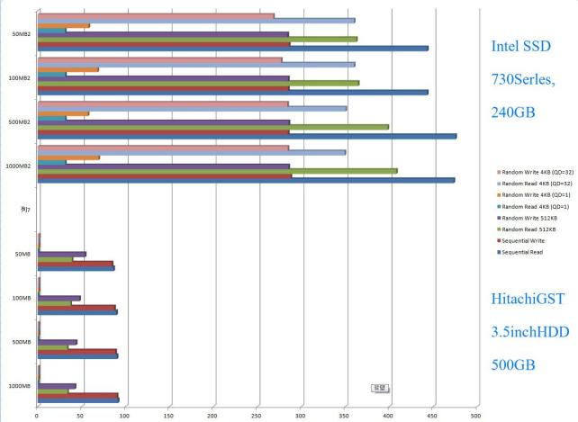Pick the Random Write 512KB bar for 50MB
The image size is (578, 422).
click(62, 255)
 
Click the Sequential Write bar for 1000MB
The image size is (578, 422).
click(77, 395)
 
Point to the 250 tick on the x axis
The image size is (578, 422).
click(257, 416)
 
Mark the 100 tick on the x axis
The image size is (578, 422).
click(124, 416)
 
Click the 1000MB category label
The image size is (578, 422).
click(20, 386)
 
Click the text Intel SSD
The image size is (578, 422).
click(520, 46)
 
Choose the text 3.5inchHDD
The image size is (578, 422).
click(530, 332)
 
